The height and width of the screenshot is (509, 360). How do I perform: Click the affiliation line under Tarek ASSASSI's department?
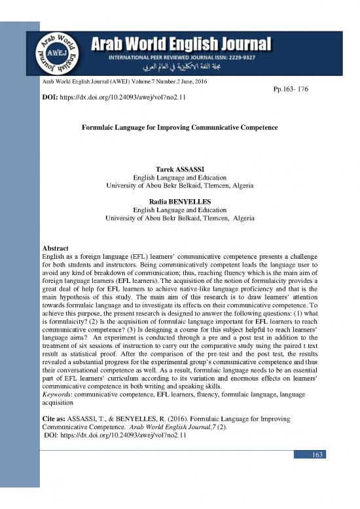pos(179,187)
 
